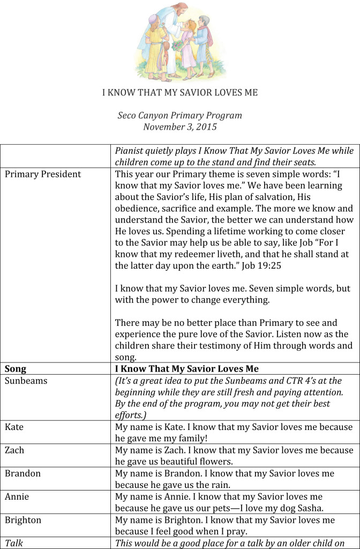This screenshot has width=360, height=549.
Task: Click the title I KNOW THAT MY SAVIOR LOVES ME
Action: [x=180, y=92]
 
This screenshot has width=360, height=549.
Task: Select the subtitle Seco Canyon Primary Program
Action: [x=180, y=115]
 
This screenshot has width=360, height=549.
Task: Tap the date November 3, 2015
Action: [x=180, y=127]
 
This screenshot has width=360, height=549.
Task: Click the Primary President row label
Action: [x=43, y=174]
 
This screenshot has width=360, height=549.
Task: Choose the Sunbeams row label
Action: [x=26, y=381]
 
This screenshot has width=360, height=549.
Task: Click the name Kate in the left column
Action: [x=14, y=427]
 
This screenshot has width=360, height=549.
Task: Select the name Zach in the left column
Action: [x=14, y=450]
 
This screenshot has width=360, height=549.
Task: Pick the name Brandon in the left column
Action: [x=22, y=473]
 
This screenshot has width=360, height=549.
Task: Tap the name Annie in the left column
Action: [x=17, y=496]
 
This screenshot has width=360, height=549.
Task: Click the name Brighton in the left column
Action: [x=23, y=520]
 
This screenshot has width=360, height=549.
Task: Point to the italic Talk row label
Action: [x=14, y=543]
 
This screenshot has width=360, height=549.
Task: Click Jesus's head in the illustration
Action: [x=180, y=11]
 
